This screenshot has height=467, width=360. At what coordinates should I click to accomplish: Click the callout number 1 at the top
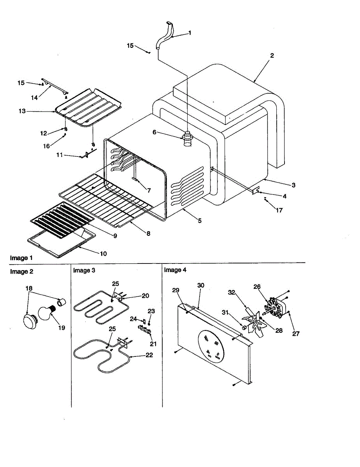(x=190, y=33)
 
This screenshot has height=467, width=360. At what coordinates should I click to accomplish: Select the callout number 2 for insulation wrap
(x=272, y=56)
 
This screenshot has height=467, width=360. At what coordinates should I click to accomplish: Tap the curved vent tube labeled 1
(x=164, y=37)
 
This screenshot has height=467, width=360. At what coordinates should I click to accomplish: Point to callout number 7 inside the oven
(x=149, y=191)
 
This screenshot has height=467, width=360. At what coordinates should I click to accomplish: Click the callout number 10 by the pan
(x=103, y=253)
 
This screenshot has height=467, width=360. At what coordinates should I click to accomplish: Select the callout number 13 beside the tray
(x=22, y=111)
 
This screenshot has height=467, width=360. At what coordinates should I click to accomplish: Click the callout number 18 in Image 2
(x=29, y=288)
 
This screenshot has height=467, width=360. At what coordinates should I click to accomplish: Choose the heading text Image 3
(x=84, y=270)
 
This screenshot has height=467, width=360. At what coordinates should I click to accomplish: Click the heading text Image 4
(x=175, y=270)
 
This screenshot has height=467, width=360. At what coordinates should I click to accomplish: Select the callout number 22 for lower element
(x=149, y=355)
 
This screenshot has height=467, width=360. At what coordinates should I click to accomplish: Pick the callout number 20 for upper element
(x=145, y=296)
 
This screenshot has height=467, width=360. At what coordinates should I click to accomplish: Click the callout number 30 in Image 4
(x=201, y=285)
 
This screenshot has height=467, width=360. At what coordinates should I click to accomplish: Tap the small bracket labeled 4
(x=256, y=191)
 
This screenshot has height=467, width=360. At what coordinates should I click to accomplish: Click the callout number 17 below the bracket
(x=279, y=211)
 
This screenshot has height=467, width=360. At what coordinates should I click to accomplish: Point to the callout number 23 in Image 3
(x=152, y=311)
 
